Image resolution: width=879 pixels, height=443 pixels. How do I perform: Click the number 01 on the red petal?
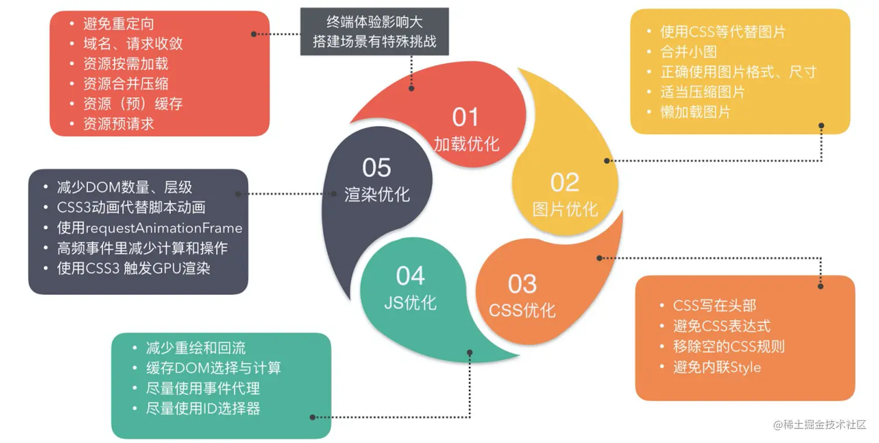pyautogui.click(x=465, y=117)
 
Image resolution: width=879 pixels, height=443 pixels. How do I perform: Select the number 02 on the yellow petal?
pyautogui.click(x=564, y=183)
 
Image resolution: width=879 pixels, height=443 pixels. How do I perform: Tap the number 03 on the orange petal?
pyautogui.click(x=522, y=284)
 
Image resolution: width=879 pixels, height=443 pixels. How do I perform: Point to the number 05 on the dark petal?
pyautogui.click(x=376, y=168)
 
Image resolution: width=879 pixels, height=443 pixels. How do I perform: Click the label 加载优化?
pyautogui.click(x=466, y=143)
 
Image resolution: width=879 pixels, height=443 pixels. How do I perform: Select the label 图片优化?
pyautogui.click(x=565, y=209)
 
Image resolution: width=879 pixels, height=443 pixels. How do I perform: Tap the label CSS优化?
pyautogui.click(x=522, y=310)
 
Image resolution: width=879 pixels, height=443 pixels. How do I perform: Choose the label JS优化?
pyautogui.click(x=410, y=302)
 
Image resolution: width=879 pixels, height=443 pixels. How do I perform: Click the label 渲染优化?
pyautogui.click(x=377, y=194)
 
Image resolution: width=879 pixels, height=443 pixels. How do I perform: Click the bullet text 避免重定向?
pyautogui.click(x=119, y=24)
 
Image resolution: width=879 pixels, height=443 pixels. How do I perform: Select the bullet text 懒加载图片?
pyautogui.click(x=695, y=112)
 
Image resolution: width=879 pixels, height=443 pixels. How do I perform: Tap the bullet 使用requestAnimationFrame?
pyautogui.click(x=149, y=228)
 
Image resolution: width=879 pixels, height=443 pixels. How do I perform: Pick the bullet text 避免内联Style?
pyautogui.click(x=717, y=367)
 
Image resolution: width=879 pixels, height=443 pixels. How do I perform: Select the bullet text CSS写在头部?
pyautogui.click(x=714, y=306)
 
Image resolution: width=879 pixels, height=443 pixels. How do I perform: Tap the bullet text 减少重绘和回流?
pyautogui.click(x=196, y=348)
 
